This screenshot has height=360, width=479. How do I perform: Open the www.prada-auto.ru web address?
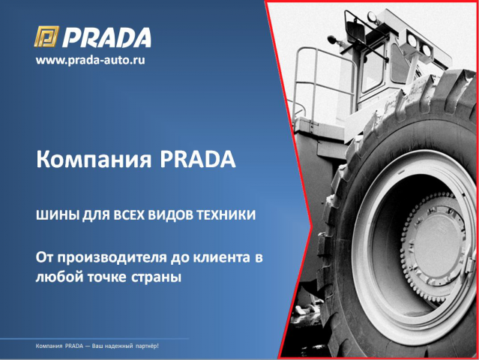[x=90, y=60]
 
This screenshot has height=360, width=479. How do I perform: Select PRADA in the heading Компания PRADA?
[x=197, y=160]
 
